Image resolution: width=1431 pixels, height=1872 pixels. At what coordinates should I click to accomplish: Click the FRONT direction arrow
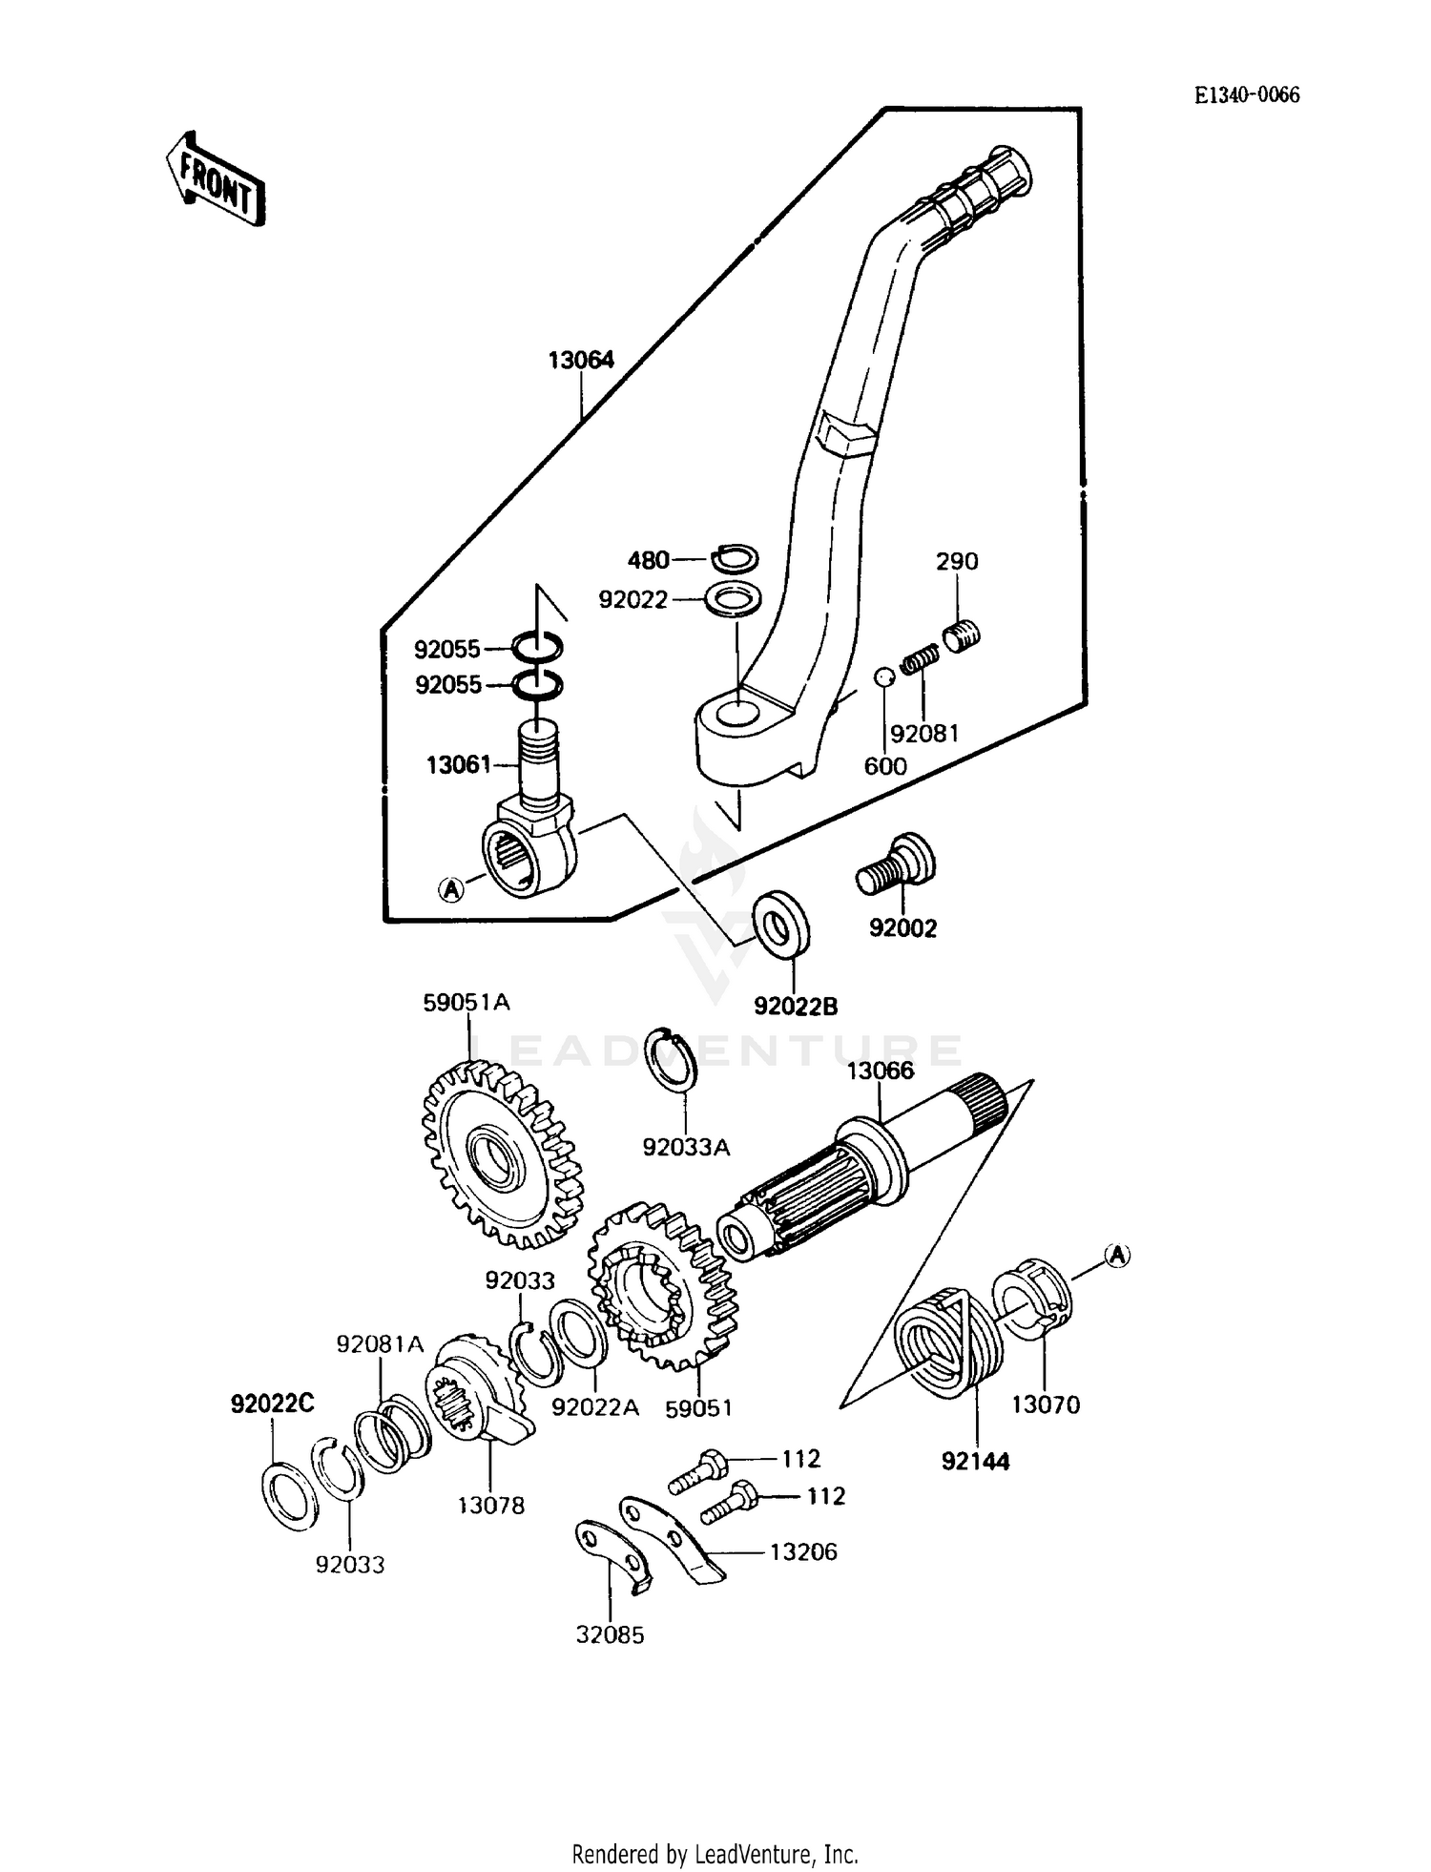(216, 179)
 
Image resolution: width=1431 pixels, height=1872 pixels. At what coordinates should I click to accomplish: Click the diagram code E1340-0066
(1247, 94)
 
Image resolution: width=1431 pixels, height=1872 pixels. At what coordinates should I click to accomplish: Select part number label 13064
(580, 360)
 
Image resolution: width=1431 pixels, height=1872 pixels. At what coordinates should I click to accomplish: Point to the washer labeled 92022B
(781, 922)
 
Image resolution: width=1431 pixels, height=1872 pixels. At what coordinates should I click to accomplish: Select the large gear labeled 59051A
(501, 1156)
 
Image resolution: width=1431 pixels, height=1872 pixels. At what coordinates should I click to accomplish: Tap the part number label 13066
(880, 1071)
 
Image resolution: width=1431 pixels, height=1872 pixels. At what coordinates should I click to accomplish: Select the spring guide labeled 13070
(1033, 1294)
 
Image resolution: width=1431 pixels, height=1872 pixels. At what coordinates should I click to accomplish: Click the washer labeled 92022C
(289, 1495)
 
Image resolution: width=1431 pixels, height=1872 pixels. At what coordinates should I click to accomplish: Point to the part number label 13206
(802, 1551)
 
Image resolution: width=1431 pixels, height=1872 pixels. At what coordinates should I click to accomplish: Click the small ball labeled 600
(884, 677)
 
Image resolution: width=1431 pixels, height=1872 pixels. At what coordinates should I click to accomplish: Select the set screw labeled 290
(962, 634)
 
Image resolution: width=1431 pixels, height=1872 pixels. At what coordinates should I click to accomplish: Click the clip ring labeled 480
(735, 557)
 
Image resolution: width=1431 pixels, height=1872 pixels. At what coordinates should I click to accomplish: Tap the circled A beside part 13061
(450, 889)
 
